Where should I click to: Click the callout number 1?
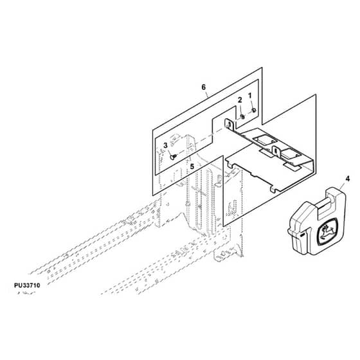250,96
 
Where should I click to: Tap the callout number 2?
240,100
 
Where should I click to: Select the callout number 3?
165,145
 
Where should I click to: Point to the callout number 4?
348,179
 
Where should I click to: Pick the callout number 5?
192,166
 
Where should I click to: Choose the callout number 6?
204,87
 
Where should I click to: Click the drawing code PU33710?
27,285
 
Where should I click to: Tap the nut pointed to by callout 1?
254,111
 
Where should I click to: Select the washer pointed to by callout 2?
243,117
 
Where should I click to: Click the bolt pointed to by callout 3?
173,157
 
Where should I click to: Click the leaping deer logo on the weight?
327,231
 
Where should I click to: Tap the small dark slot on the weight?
301,235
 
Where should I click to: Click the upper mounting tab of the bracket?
229,125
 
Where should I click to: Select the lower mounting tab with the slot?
276,151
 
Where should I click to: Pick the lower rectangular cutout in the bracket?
290,154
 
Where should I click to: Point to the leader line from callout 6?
207,94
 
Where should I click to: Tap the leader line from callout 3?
168,152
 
